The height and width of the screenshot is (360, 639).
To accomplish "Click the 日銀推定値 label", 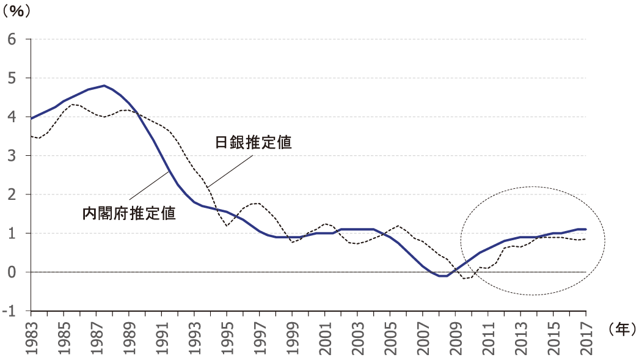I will pos(252,143).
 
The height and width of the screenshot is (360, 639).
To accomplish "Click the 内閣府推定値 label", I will pos(129,213).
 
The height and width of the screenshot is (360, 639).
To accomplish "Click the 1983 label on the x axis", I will pos(32,332).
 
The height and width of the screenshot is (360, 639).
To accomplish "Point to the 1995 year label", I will pos(227,332).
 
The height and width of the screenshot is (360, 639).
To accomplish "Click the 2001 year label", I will pos(325,332).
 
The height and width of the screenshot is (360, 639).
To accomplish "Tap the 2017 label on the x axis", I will pos(586,332).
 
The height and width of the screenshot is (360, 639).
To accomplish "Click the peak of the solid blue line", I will pos(104,86).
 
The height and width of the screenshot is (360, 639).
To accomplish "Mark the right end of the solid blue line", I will pos(586,229).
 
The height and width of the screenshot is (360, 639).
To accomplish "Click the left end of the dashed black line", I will pos(31,136).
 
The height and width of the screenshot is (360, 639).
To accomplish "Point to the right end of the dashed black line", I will pos(586,239).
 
